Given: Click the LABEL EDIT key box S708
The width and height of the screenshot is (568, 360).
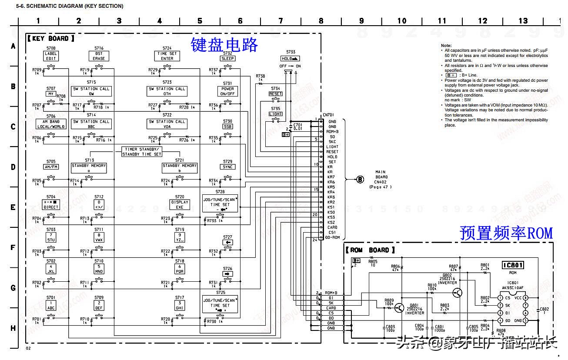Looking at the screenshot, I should click(51, 56).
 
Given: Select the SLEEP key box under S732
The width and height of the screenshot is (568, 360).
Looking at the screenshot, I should click(227, 58).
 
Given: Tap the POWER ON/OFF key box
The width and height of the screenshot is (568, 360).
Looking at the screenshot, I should click(227, 91).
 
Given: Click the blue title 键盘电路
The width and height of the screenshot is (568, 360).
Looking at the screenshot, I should click(224, 45).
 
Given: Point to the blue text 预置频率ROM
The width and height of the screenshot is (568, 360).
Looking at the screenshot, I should click(506, 233).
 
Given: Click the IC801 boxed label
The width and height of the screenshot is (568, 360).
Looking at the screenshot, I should click(513, 265).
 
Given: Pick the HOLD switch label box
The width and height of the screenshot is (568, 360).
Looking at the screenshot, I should click(291, 58).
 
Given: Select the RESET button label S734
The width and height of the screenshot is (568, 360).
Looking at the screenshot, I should click(276, 94).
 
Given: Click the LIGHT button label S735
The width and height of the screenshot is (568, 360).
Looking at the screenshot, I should click(276, 114).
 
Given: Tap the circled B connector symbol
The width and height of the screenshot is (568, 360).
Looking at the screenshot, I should click(360, 179).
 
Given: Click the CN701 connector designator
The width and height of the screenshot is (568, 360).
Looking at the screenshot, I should click(327, 115).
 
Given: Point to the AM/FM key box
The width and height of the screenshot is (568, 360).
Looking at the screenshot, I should click(51, 167).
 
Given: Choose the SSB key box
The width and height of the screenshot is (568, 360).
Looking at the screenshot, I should click(227, 127).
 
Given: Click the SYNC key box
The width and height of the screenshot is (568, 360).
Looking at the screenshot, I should click(227, 167).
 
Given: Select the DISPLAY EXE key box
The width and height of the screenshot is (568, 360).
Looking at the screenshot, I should click(180, 205).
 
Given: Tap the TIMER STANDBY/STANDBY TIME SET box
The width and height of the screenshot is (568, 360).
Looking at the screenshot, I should click(142, 152).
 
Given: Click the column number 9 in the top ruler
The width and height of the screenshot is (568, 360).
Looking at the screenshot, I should click(361, 20).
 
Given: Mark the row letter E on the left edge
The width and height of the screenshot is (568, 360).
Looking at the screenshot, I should click(13, 207).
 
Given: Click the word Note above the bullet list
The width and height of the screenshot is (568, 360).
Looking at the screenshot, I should click(446, 46).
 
